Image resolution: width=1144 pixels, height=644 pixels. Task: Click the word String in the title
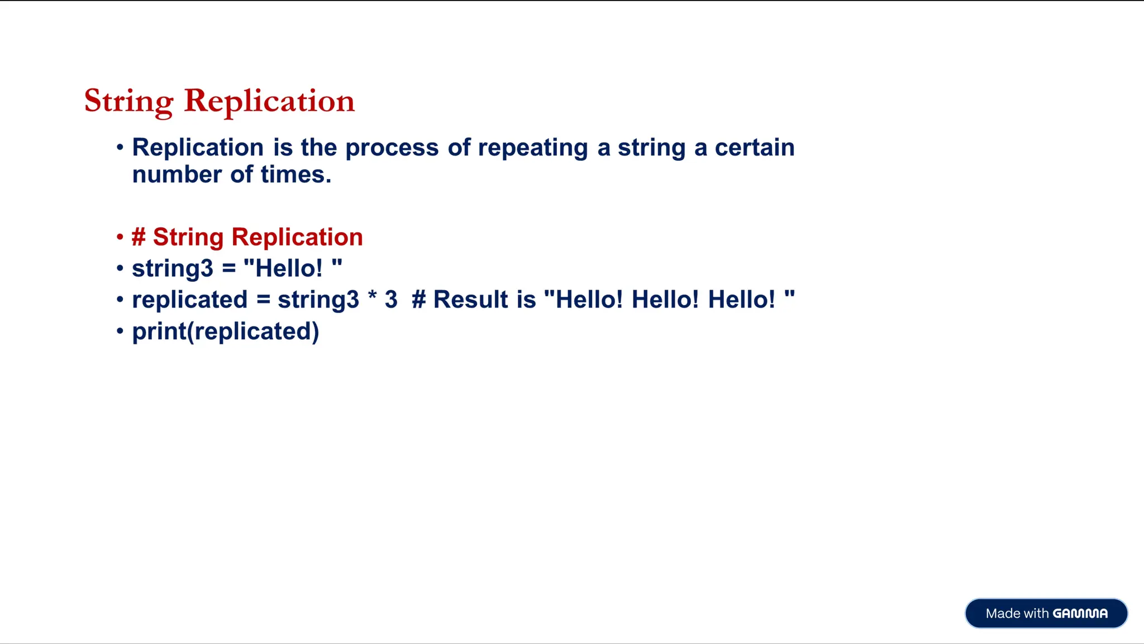[x=129, y=101]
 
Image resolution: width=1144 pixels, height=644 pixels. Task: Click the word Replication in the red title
[x=269, y=101]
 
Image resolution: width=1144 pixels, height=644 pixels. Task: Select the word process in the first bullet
[x=392, y=148]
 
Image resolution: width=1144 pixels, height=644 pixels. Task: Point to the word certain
[x=754, y=148]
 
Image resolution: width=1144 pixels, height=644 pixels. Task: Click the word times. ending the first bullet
[x=295, y=175]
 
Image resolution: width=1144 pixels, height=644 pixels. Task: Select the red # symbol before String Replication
[x=139, y=237]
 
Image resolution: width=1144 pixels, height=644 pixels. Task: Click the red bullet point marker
[x=120, y=237]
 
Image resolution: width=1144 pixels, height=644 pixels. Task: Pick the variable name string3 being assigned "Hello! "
[x=172, y=269]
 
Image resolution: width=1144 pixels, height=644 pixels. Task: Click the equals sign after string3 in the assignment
[x=228, y=269]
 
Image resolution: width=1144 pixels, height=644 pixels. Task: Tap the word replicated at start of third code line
[x=189, y=300]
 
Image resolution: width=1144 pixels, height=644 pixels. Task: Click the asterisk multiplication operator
[x=372, y=297]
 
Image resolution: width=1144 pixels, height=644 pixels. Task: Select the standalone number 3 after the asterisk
[x=390, y=300]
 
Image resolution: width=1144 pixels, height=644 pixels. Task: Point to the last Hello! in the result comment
[x=741, y=300]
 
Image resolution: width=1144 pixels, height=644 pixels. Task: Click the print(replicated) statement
[x=225, y=332]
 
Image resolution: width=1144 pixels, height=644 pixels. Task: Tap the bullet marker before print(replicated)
[x=120, y=331]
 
